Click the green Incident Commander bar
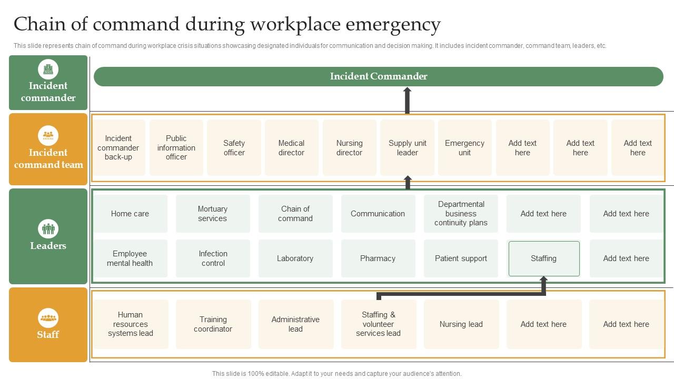click(x=378, y=76)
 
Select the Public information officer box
click(x=176, y=148)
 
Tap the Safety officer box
click(x=234, y=148)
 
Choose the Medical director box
click(x=291, y=148)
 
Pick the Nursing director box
click(x=349, y=148)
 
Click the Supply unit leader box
click(x=407, y=148)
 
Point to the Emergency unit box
click(x=464, y=148)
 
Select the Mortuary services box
click(x=212, y=214)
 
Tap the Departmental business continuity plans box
click(x=461, y=214)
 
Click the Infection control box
click(x=213, y=258)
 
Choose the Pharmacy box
click(x=378, y=258)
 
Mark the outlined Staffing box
click(x=543, y=258)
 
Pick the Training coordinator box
click(x=213, y=324)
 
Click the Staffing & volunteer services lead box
click(x=378, y=324)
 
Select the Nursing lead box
click(x=461, y=324)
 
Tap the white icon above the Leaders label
click(x=48, y=229)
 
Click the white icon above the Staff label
click(x=48, y=318)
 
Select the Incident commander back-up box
click(x=118, y=148)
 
